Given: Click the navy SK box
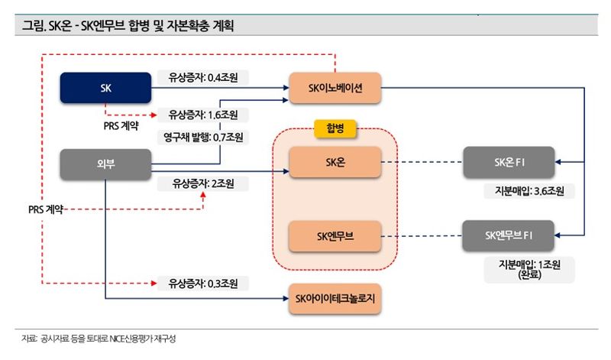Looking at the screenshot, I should [x=106, y=88].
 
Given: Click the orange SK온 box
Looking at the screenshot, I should [x=335, y=162].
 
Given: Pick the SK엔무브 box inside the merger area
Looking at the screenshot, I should [x=335, y=237].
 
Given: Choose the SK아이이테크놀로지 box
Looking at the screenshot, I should [x=335, y=298].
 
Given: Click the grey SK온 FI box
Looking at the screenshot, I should [x=509, y=162].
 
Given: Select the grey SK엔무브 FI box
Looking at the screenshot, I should [x=509, y=237].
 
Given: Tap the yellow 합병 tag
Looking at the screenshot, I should [x=335, y=128].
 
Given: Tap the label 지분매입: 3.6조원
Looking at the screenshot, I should [x=530, y=191].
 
